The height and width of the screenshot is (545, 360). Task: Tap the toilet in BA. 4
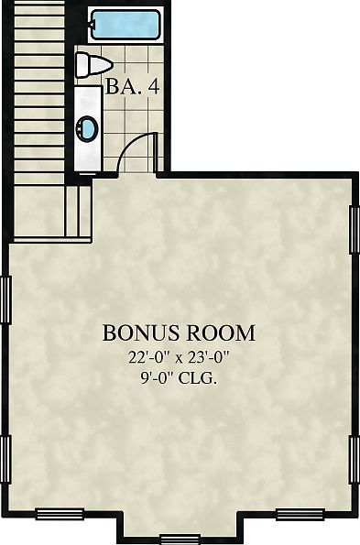tap(92, 65)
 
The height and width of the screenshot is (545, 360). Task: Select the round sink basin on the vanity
tap(88, 129)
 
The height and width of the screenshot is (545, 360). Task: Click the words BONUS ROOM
tap(179, 332)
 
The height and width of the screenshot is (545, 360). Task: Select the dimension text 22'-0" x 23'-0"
tap(179, 358)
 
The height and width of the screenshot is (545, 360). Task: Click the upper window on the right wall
tap(355, 230)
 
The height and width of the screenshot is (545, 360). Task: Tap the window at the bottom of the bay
tap(180, 537)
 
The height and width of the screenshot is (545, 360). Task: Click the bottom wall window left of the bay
tap(60, 514)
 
